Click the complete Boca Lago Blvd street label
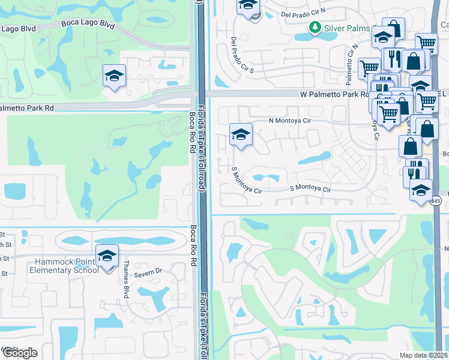coord(88,24)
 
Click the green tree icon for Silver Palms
coord(314,27)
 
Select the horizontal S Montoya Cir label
coord(310,189)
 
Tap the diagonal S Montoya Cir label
coord(247,181)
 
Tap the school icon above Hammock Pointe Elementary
coord(107,257)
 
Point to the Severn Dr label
coord(151,272)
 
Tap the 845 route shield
coord(436,201)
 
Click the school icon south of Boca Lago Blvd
coord(114,77)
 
